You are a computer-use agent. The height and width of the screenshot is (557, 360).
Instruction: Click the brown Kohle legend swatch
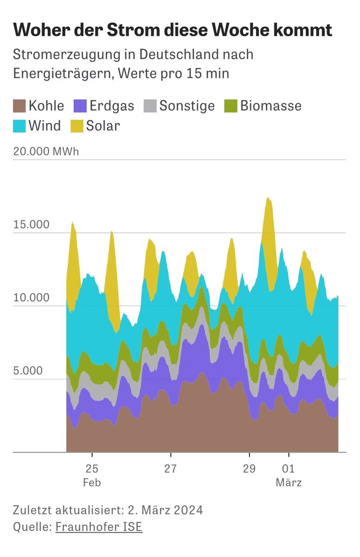[x=19, y=106]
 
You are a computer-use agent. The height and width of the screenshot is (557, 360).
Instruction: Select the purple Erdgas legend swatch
[x=81, y=106]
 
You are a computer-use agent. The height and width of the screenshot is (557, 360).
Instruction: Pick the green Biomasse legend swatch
[x=231, y=106]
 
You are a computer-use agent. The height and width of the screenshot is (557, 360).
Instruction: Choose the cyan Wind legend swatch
[x=19, y=126]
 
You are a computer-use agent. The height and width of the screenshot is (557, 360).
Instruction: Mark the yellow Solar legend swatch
[x=77, y=126]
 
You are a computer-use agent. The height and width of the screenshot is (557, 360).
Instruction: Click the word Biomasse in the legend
[x=271, y=106]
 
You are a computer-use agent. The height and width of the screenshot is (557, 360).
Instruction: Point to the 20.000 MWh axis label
[x=46, y=152]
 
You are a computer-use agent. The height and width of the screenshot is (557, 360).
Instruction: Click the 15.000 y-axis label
[x=31, y=225]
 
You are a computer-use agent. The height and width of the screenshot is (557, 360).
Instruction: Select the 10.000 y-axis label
[x=31, y=298]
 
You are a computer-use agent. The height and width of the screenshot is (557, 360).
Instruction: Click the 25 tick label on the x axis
[x=92, y=469]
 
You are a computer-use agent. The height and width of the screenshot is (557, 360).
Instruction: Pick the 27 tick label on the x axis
[x=170, y=469]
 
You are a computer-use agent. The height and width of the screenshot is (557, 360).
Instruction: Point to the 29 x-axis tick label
[x=249, y=469]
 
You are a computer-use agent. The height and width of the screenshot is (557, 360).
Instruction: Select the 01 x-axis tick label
[x=289, y=469]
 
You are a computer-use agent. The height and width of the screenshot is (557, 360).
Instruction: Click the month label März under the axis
[x=289, y=483]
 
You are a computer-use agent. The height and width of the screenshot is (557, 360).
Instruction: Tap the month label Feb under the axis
[x=92, y=483]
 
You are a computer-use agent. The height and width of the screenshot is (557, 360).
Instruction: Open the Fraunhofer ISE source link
[x=98, y=527]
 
